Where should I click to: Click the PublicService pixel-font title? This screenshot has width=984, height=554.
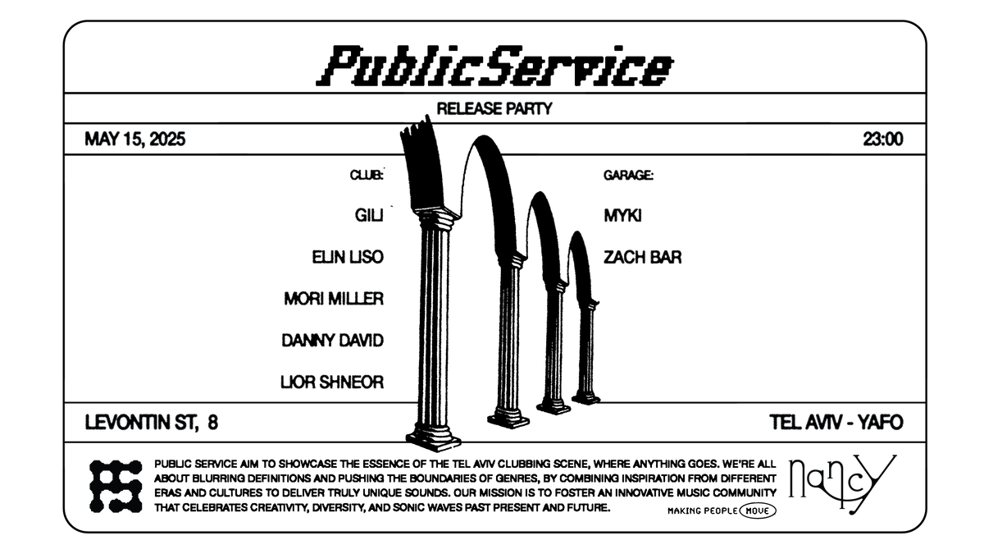[494, 66]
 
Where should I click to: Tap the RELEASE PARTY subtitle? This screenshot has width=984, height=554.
[494, 108]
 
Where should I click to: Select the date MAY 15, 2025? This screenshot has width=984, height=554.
[134, 140]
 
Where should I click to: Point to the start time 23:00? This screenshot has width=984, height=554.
[883, 140]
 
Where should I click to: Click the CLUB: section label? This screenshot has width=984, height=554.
[367, 176]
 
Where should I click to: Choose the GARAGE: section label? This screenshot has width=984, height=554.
[628, 176]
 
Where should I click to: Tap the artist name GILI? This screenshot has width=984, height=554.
[369, 215]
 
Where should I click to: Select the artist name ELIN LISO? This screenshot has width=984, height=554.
[348, 257]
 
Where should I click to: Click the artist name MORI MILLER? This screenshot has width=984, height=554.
[334, 299]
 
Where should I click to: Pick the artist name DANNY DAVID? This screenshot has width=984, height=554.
[333, 341]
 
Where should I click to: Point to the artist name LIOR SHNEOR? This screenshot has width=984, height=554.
[331, 382]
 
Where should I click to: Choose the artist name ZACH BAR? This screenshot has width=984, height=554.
[642, 257]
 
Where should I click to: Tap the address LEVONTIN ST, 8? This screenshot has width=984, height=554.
[151, 423]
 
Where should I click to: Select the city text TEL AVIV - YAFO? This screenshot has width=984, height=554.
[836, 423]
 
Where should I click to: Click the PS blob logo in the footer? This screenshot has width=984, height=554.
[116, 486]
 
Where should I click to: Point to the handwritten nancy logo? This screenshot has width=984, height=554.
[842, 483]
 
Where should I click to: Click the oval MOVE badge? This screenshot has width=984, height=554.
[758, 511]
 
